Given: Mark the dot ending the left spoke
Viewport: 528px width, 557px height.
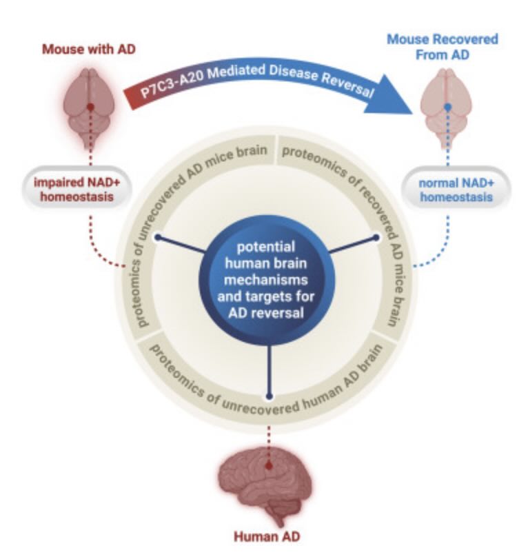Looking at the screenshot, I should tap(158, 237).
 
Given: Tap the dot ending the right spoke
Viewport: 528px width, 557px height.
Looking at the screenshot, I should tap(376, 238).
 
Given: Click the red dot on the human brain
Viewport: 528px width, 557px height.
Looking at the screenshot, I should tap(269, 465).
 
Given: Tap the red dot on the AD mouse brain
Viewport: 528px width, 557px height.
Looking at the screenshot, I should tap(90, 107).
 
